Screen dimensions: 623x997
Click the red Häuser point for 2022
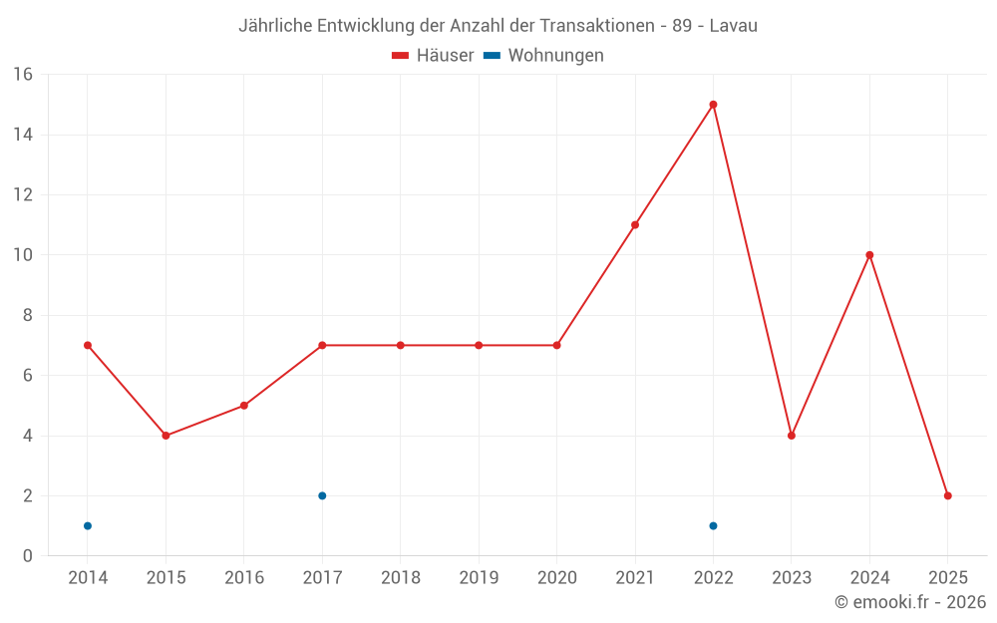(713, 105)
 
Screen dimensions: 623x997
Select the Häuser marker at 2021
(635, 225)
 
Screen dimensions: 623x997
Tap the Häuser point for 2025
(947, 495)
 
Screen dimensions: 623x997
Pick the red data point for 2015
(166, 436)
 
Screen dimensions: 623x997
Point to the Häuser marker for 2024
(869, 255)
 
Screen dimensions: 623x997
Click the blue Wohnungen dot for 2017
(322, 495)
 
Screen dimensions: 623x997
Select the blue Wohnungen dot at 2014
(88, 525)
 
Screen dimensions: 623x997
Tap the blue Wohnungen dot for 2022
(713, 525)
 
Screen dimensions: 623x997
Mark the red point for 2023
(792, 436)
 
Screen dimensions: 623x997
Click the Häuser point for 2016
(244, 406)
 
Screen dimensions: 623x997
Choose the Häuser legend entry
(433, 56)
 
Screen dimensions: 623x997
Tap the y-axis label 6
(28, 376)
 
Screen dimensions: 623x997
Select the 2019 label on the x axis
(479, 578)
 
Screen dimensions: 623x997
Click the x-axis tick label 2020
(556, 578)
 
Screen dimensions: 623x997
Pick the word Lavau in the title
(733, 26)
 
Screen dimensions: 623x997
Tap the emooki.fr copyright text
(909, 602)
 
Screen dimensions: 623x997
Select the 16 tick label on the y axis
(22, 75)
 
